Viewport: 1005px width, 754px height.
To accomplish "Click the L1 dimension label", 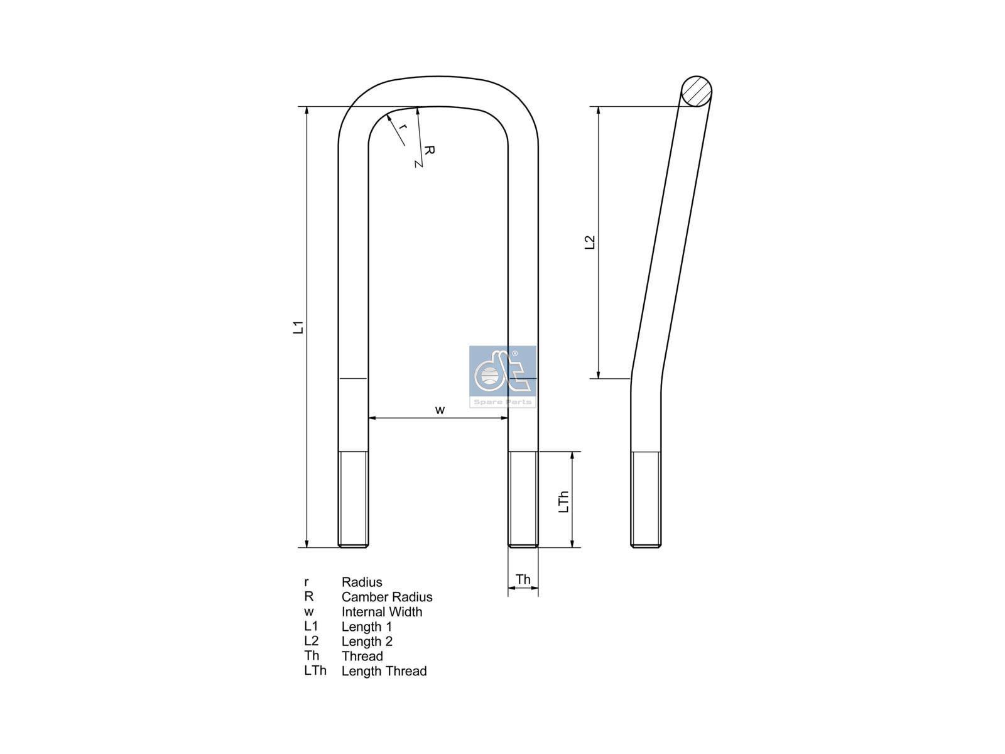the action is pos(298,327).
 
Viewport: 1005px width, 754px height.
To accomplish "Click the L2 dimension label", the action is pos(590,242).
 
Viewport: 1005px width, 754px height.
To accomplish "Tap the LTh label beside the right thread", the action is pos(563,502).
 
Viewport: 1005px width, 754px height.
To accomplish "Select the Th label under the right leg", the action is pos(523,579).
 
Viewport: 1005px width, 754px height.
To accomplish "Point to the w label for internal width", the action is pos(440,410).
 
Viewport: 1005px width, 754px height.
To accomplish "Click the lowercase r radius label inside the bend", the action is pos(403,127).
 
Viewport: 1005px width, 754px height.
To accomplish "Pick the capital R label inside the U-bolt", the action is pos(429,150).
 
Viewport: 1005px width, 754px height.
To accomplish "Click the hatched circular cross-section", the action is pos(696,92).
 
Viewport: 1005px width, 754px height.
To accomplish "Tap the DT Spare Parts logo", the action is pos(503,376).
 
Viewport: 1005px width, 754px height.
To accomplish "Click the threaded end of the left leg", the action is pos(353,500).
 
